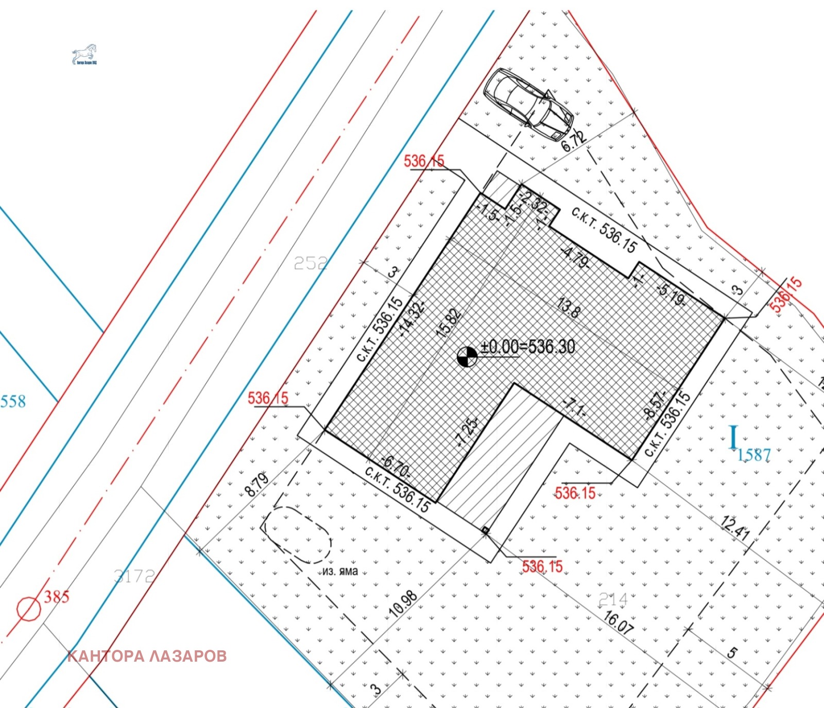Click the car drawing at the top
coord(528,103)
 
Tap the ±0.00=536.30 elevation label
coord(527,347)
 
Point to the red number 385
coord(57,597)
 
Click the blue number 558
coord(13,401)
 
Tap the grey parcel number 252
coord(310,263)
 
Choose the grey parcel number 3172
coord(134,576)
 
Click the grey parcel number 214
coord(613,599)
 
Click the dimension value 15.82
coord(449,323)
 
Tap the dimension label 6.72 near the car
coord(573,141)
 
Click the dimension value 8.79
coord(256,484)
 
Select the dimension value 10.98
coord(403,604)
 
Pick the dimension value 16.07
coord(618,622)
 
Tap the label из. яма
coord(340,572)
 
